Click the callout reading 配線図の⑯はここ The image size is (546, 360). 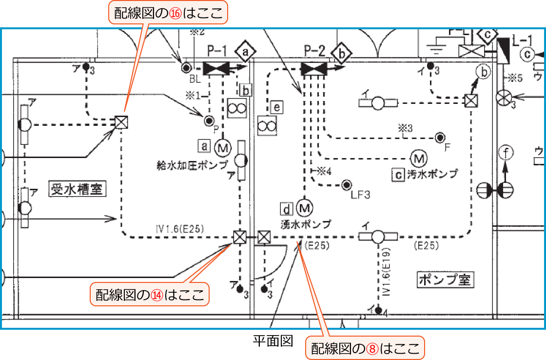pyautogui.click(x=168, y=14)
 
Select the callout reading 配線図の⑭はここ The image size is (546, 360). pyautogui.click(x=150, y=295)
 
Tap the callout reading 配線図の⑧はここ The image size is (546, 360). pyautogui.click(x=365, y=348)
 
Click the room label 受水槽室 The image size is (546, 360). pyautogui.click(x=78, y=188)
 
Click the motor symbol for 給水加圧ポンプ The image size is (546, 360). pyautogui.click(x=223, y=146)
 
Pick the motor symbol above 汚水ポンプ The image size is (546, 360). pyautogui.click(x=418, y=158)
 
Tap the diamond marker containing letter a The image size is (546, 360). pyautogui.click(x=245, y=51)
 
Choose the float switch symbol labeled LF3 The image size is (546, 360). pyautogui.click(x=347, y=185)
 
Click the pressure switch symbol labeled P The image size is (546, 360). pyautogui.click(x=209, y=120)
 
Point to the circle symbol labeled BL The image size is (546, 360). pyautogui.click(x=186, y=67)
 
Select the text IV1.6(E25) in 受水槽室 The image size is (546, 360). pyautogui.click(x=180, y=228)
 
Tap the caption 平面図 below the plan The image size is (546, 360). pyautogui.click(x=273, y=340)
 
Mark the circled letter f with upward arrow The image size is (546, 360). pyautogui.click(x=506, y=154)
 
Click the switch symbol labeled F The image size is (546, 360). pyautogui.click(x=440, y=137)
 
